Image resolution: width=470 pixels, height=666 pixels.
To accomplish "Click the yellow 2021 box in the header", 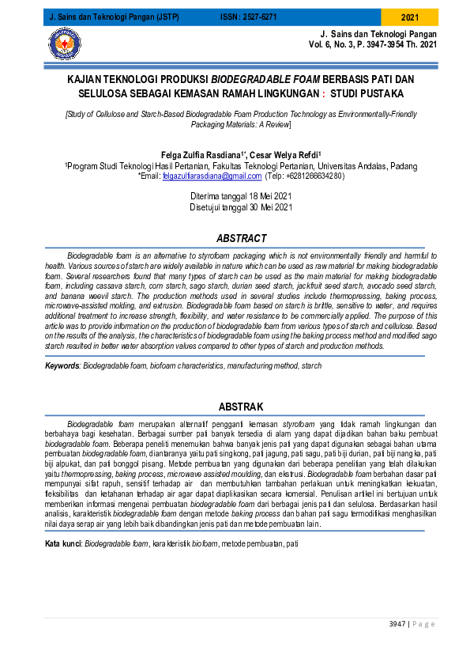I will tap(410, 17).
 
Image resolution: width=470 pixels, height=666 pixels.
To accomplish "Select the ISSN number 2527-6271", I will tap(260, 17).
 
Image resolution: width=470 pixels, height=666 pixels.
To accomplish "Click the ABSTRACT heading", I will tap(241, 238).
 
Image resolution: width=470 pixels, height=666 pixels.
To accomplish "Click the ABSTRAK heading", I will tap(241, 407).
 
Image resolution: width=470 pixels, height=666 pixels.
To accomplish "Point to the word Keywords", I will tap(62, 367).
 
